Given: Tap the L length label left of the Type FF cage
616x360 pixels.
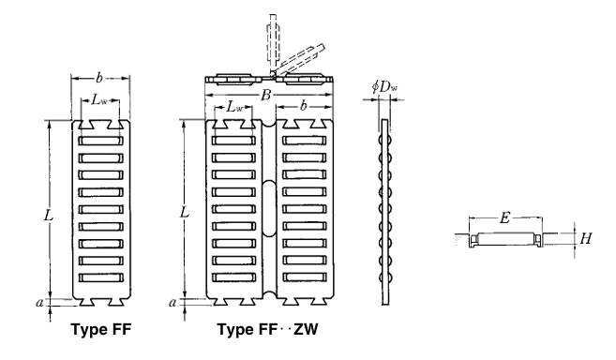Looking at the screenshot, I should pos(50,213).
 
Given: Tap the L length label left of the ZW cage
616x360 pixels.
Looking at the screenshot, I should pos(185,213).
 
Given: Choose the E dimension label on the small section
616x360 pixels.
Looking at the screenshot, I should pos(504,218).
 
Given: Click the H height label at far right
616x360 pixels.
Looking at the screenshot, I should pos(585,238).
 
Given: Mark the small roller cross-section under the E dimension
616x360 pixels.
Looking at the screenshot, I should pos(504,239).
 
